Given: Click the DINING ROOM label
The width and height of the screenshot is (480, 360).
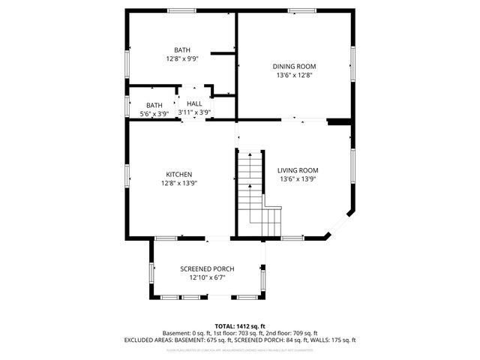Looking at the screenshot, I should click(293, 66).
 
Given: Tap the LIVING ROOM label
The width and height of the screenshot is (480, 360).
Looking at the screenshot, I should click(298, 170).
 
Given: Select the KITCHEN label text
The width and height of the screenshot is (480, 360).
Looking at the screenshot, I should click(179, 174).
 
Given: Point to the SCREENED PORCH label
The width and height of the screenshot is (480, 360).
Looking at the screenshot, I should click(207, 268).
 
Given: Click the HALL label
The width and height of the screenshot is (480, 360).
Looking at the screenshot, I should click(194, 103).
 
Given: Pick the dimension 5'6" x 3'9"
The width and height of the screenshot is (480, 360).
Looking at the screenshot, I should click(154, 113).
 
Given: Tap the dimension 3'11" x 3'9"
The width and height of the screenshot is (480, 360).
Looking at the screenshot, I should click(194, 112).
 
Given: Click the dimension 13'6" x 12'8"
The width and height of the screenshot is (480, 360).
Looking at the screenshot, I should click(293, 75).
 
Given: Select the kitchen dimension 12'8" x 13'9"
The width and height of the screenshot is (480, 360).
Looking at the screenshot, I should click(179, 183).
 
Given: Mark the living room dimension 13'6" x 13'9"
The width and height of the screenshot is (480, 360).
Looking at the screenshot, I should click(298, 179).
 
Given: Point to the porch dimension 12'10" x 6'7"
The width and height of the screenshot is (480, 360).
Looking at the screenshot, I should click(207, 277).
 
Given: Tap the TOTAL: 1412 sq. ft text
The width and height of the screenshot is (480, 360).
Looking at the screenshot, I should click(240, 325).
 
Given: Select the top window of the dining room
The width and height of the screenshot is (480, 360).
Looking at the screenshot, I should click(301, 10).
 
